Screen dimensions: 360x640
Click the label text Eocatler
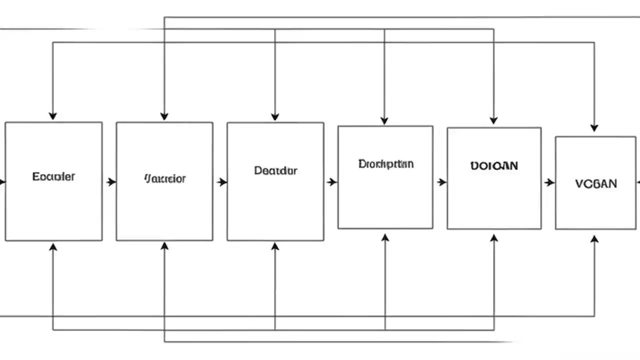click(53, 176)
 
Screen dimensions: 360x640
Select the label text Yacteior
click(165, 178)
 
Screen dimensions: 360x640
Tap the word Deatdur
click(275, 170)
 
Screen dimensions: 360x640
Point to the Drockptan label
click(385, 163)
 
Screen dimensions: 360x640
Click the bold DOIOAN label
click(494, 165)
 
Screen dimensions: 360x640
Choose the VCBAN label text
click(595, 183)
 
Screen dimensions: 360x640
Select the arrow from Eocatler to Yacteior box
click(110, 182)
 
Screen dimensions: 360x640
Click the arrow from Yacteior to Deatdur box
click(221, 182)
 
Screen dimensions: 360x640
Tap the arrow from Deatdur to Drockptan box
click(331, 182)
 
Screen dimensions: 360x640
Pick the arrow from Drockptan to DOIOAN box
click(441, 182)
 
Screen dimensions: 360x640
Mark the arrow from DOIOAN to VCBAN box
click(549, 182)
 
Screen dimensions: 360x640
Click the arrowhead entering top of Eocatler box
click(52, 116)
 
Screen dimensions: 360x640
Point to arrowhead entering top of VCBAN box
click(594, 128)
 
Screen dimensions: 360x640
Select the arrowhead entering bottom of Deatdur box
click(274, 246)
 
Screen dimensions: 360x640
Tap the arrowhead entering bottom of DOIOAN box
click(494, 238)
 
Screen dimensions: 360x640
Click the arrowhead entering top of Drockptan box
click(384, 120)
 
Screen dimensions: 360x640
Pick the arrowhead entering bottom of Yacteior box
click(164, 246)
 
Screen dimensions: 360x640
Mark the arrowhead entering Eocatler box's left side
click(2, 182)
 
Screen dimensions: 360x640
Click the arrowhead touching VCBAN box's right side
click(637, 182)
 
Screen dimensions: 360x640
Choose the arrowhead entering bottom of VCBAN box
click(594, 239)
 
